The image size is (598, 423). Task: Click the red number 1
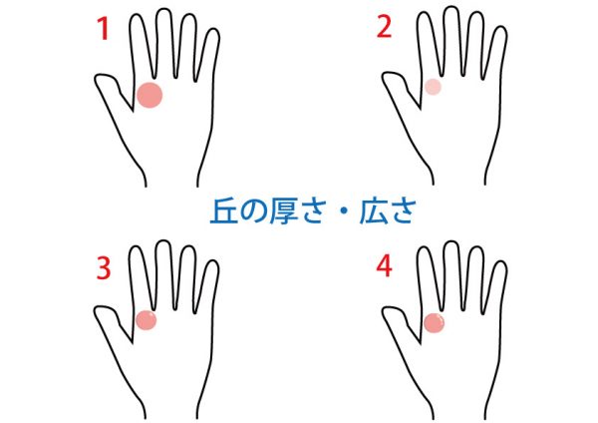point(104,29)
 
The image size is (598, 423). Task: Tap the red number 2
point(384,27)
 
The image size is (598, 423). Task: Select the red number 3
point(104,268)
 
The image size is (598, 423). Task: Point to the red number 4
point(384,266)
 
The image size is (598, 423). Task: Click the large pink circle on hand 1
point(149,95)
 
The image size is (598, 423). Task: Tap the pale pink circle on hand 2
point(433,87)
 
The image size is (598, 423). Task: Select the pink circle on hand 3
point(147,320)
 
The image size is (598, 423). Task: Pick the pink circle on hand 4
point(434,323)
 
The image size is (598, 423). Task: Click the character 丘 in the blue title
point(224,211)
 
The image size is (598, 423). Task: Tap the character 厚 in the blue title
point(284,211)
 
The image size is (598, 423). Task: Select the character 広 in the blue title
point(374,211)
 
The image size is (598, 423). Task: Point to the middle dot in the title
point(343,211)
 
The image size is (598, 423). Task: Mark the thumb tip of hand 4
point(385,310)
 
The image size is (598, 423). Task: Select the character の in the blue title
point(254,211)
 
